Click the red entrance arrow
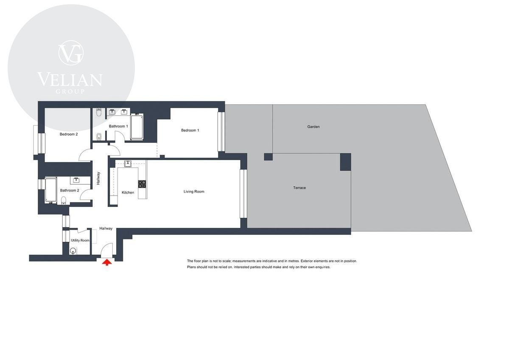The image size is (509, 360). click(x=107, y=263)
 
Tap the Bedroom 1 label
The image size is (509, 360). click(x=190, y=130)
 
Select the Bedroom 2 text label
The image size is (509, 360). click(x=69, y=134)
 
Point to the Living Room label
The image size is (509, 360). click(x=194, y=191)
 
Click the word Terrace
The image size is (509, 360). click(x=299, y=188)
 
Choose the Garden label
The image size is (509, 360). click(x=313, y=127)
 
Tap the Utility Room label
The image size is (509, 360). click(x=80, y=240)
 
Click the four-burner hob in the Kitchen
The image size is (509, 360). click(x=142, y=184)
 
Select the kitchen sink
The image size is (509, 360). click(x=128, y=163)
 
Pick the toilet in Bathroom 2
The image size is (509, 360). click(x=64, y=200)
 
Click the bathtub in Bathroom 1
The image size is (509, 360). click(x=137, y=127)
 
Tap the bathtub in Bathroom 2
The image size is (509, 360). click(x=50, y=190)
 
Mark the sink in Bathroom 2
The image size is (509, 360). click(x=76, y=180)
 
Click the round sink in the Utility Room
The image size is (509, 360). click(x=73, y=251)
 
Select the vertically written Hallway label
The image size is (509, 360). click(x=98, y=178)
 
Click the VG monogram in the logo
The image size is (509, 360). click(x=71, y=53)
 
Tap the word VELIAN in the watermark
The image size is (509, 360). click(x=70, y=79)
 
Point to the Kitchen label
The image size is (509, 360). click(x=128, y=192)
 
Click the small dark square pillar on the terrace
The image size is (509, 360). click(x=268, y=157)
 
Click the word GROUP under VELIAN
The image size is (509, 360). click(x=70, y=91)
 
